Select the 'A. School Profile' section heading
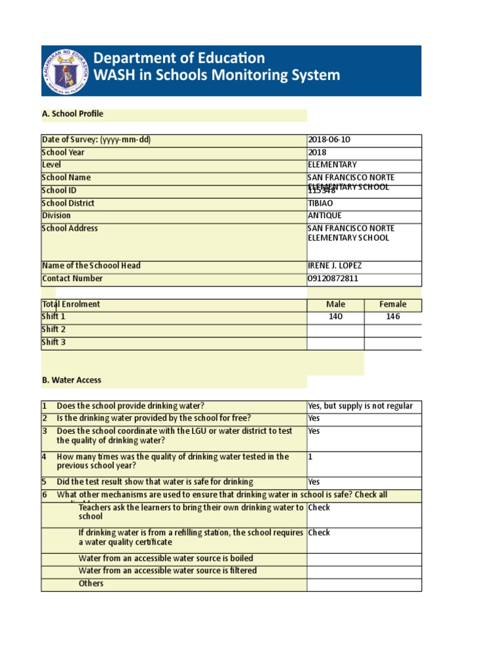[72, 114]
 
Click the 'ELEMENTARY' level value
[332, 165]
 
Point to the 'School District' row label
[68, 203]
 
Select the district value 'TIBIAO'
[320, 203]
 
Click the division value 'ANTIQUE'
[324, 216]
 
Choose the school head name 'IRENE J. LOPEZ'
[334, 266]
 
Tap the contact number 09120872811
[333, 278]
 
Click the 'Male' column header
[335, 305]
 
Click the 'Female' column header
[393, 305]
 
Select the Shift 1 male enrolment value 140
[335, 317]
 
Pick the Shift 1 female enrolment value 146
[393, 317]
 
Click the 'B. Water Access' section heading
[71, 381]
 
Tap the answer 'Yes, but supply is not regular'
[360, 406]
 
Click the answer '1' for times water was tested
[310, 457]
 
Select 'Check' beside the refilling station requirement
[319, 533]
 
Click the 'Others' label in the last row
[91, 584]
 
